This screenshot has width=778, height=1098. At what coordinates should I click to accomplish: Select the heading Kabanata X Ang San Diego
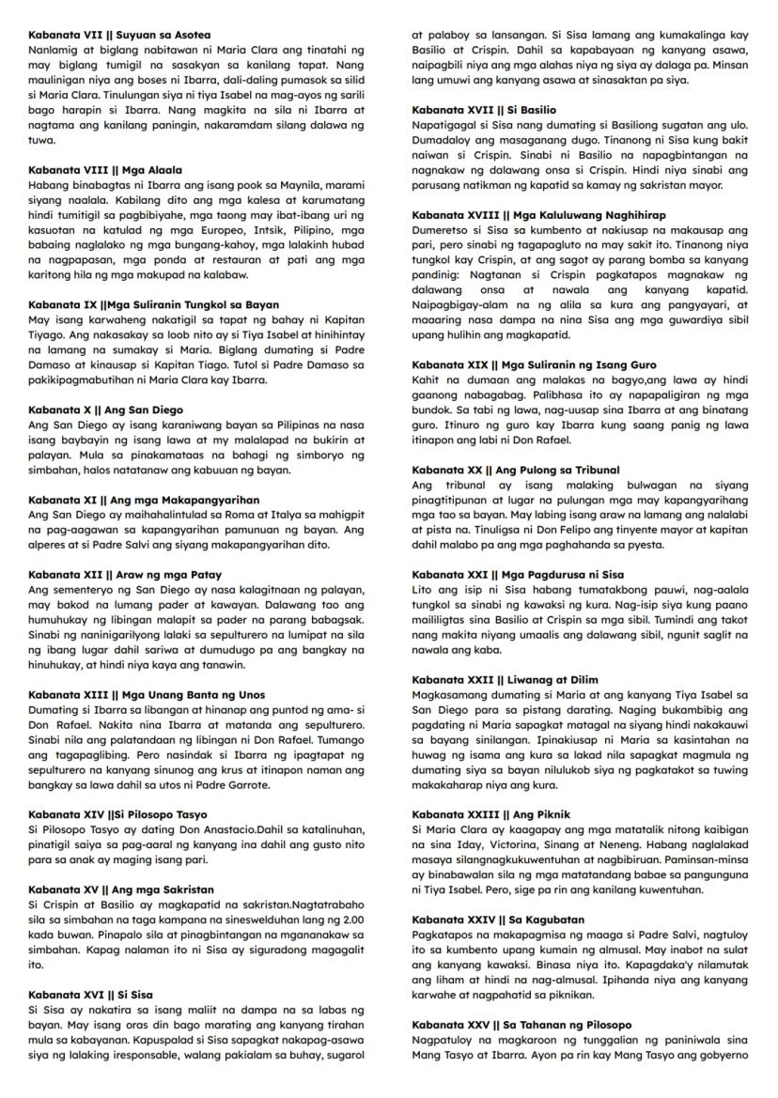click(105, 410)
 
